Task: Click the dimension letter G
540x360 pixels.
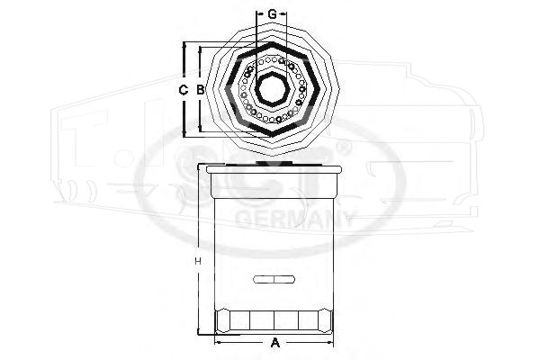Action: [272, 14]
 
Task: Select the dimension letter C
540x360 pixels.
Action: [184, 90]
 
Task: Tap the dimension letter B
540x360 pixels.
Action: [200, 90]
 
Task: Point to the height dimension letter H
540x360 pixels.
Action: [198, 262]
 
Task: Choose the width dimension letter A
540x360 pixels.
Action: [274, 343]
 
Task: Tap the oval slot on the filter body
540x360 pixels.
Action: [274, 279]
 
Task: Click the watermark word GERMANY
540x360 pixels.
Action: [294, 219]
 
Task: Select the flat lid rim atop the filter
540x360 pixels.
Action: [274, 169]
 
